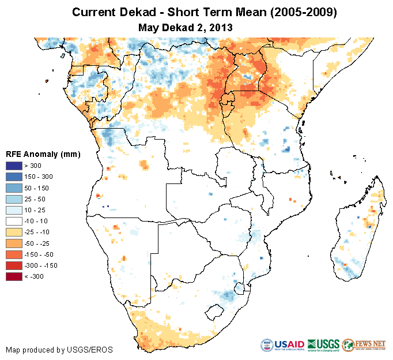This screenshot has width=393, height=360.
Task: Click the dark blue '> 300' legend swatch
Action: pos(14,165)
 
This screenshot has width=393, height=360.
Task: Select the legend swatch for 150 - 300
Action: pos(14,176)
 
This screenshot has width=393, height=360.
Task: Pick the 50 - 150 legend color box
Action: pos(14,187)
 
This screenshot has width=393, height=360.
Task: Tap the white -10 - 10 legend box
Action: pos(14,221)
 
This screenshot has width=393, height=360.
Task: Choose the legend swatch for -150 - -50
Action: pos(14,254)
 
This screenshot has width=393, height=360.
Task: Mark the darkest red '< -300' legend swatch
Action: pos(14,276)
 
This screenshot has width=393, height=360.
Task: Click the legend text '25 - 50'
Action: pos(36,198)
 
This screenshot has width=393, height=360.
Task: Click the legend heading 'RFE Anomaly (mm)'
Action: pos(43,154)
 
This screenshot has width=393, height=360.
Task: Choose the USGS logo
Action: pos(323,345)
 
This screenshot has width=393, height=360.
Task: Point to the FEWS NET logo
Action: pos(364,345)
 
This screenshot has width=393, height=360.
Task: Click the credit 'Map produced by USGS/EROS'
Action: pos(59,350)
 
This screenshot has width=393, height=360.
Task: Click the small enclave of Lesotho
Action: pos(214,312)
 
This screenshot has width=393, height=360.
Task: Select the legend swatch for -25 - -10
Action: pos(14,232)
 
